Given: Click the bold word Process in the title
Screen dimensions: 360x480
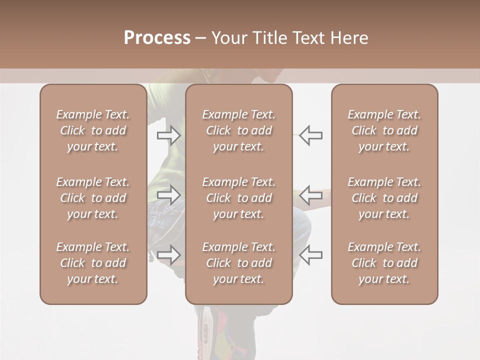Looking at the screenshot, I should [157, 37].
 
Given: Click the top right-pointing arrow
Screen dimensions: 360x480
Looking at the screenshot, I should [169, 135].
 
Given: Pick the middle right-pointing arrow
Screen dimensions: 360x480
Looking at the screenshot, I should [169, 194].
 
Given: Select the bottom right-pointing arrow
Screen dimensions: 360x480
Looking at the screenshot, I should [169, 254].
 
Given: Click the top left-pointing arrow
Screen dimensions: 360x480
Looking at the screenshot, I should [311, 135].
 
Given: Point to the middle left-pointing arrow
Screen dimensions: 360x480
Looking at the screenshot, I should [311, 194].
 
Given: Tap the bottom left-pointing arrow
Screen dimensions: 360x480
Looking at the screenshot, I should [311, 254].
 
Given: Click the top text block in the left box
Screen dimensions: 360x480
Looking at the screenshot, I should [93, 130].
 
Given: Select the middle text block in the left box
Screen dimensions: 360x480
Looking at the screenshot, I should [93, 198].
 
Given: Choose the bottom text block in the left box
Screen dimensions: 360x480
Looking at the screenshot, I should [93, 263].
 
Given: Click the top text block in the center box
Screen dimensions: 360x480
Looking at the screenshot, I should [238, 130].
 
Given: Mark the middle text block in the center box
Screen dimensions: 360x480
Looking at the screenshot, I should [238, 198].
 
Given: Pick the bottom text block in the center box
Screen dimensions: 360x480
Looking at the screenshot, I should [238, 263].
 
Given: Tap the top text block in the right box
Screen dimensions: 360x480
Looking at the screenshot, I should [384, 130].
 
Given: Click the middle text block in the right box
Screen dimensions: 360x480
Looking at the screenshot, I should [384, 198].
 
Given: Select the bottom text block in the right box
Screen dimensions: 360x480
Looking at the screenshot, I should [384, 263].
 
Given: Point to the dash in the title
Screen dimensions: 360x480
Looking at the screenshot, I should [200, 38].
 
